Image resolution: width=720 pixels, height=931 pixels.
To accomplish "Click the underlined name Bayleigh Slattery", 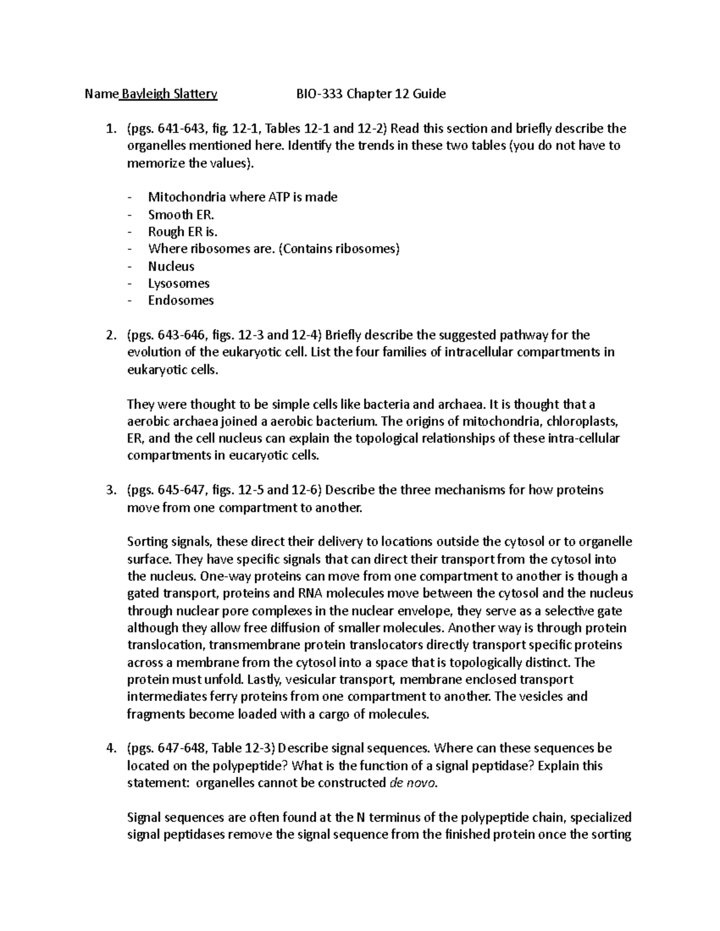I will point(169,94).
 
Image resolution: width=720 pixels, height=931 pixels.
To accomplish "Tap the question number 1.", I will point(109,128).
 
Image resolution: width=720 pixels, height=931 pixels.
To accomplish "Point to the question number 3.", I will point(109,490).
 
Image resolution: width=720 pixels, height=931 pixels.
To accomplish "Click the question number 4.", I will point(109,748).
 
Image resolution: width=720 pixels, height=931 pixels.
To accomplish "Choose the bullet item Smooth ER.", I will point(181,215).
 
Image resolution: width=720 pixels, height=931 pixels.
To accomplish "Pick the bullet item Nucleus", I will point(171,266).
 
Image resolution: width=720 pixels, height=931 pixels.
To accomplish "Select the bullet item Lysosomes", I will point(179,283).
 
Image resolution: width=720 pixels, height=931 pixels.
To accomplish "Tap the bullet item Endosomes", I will point(181,300).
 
